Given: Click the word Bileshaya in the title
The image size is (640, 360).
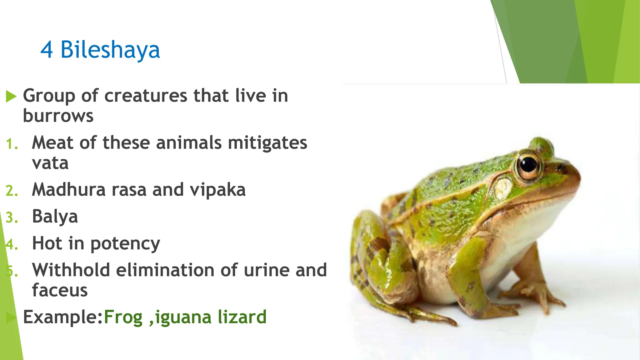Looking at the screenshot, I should click(x=110, y=50).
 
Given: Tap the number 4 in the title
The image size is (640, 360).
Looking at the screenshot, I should click(x=47, y=50).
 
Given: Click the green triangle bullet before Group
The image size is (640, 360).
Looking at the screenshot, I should click(x=11, y=97).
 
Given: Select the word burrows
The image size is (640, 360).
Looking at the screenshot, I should click(x=58, y=116).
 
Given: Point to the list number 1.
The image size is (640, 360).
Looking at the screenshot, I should click(x=12, y=144).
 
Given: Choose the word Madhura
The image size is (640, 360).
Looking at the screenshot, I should click(x=69, y=190).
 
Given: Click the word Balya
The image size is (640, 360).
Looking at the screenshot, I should click(x=55, y=217).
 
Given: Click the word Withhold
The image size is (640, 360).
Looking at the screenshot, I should click(x=71, y=270).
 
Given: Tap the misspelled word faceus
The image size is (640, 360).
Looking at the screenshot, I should click(x=60, y=290).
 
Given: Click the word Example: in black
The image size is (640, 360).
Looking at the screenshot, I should click(x=63, y=317).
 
